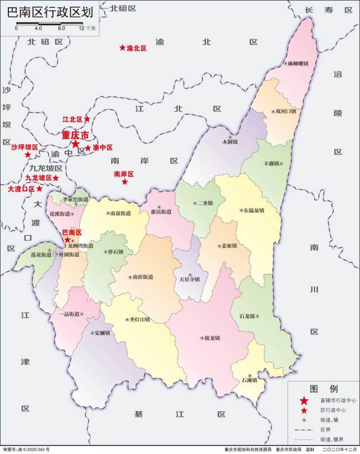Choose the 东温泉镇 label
point(254,210)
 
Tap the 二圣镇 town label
point(204,203)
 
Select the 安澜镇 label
point(102,333)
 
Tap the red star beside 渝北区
point(122,48)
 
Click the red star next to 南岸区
point(125,182)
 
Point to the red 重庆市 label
point(75,136)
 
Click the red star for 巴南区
point(67,239)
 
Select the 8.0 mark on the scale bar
point(61,27)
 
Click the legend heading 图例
point(323,388)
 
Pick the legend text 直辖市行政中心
point(336,401)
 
